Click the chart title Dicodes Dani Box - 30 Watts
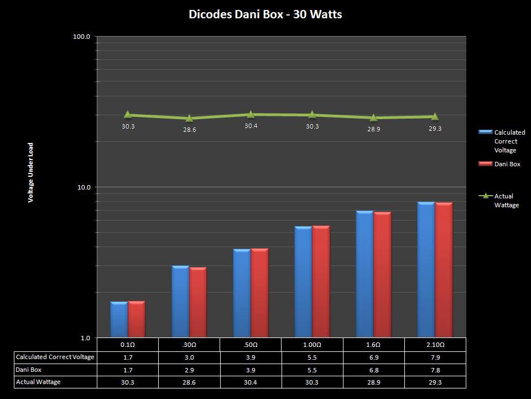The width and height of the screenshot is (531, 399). pos(265,14)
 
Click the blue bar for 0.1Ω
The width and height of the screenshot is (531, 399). pos(119,320)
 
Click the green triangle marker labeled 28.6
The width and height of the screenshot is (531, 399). pos(189,118)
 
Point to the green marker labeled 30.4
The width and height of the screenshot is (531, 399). pos(251,114)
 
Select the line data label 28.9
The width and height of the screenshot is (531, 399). pos(374,129)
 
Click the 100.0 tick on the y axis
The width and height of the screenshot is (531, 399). pos(82,37)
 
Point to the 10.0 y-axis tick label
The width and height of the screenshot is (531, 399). pos(84,187)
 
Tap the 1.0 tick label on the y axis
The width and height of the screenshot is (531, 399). pos(85,338)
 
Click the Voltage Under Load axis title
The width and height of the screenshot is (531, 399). pos(31,172)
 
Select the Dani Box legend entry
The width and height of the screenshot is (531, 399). pos(507,164)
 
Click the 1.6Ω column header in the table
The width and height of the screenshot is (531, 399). pos(373,345)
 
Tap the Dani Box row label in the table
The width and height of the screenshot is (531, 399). pos(29,370)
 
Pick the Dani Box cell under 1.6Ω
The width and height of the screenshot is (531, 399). pos(373,370)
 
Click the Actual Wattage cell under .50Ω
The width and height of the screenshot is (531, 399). pos(251,382)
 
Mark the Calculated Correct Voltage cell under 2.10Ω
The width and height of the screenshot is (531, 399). pos(435,357)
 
